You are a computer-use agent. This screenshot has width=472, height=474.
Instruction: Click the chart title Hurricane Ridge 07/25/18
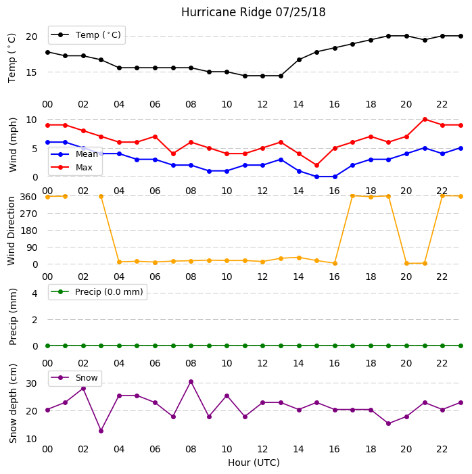click(x=253, y=12)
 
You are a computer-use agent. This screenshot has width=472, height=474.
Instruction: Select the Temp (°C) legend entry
click(x=87, y=35)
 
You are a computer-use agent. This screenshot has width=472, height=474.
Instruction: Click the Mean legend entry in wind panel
click(x=74, y=154)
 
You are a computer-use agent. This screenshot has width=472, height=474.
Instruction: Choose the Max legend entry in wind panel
click(x=72, y=167)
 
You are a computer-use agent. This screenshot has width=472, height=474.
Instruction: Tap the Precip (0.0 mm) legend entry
click(x=97, y=291)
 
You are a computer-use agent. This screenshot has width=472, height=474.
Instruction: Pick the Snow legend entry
click(x=74, y=377)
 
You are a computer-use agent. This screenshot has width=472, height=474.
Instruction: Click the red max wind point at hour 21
click(x=425, y=120)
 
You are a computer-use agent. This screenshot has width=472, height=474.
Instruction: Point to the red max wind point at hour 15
click(x=316, y=166)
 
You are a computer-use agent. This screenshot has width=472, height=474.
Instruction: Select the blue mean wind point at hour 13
click(x=281, y=160)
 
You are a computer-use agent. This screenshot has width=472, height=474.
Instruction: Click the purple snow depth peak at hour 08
click(x=191, y=382)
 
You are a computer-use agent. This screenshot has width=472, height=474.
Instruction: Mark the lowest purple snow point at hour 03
click(x=101, y=431)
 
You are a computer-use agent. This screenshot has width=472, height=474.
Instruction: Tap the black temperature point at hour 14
click(x=299, y=60)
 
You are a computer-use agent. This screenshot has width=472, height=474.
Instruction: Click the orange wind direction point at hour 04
click(x=119, y=262)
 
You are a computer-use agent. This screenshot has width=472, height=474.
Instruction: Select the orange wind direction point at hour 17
click(x=352, y=196)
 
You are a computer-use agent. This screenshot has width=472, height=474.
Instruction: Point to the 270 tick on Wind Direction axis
click(x=28, y=214)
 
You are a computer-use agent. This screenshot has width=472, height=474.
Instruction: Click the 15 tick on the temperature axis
click(x=32, y=72)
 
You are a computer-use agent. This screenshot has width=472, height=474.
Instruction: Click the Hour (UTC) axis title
click(x=254, y=463)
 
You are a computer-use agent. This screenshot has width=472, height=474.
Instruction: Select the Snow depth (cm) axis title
click(x=13, y=404)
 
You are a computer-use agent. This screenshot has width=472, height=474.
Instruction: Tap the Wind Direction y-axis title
click(x=11, y=231)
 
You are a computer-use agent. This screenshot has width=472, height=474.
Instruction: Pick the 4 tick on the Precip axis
click(x=34, y=293)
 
